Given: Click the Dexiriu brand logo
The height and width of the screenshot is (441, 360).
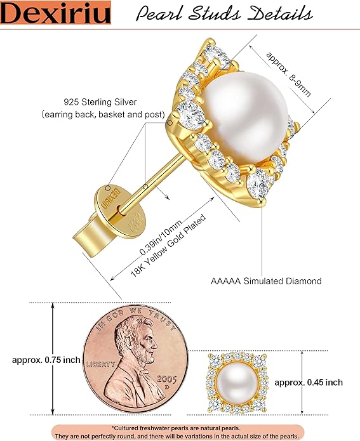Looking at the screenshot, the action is click(x=55, y=13).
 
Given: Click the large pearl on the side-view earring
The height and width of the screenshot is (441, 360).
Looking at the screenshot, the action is click(x=246, y=116).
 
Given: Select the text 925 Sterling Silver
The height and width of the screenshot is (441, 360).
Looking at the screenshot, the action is click(x=100, y=102).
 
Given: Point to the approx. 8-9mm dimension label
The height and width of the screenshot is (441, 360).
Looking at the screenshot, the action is click(x=288, y=74).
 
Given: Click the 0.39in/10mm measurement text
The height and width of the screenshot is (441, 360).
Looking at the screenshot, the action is click(x=161, y=238).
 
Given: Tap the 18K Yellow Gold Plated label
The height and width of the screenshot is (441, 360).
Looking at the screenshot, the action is click(x=168, y=246).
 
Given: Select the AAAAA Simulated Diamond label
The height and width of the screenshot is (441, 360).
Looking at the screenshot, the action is click(x=266, y=281).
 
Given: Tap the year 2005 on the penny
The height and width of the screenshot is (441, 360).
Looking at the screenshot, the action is click(x=167, y=379).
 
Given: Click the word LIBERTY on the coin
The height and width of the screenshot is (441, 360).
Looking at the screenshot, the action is click(x=100, y=364).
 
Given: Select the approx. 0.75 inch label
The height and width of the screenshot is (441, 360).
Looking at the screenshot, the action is click(x=46, y=360).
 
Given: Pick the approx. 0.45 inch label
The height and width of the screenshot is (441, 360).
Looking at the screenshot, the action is click(x=309, y=383).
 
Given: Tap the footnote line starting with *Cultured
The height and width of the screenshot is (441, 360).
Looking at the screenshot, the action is click(x=176, y=428).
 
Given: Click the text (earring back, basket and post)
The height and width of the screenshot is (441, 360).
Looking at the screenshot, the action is click(x=103, y=114).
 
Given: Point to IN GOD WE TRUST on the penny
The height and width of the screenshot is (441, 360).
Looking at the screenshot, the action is click(x=135, y=317).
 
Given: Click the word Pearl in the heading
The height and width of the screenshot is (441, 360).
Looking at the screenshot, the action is click(x=160, y=13).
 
